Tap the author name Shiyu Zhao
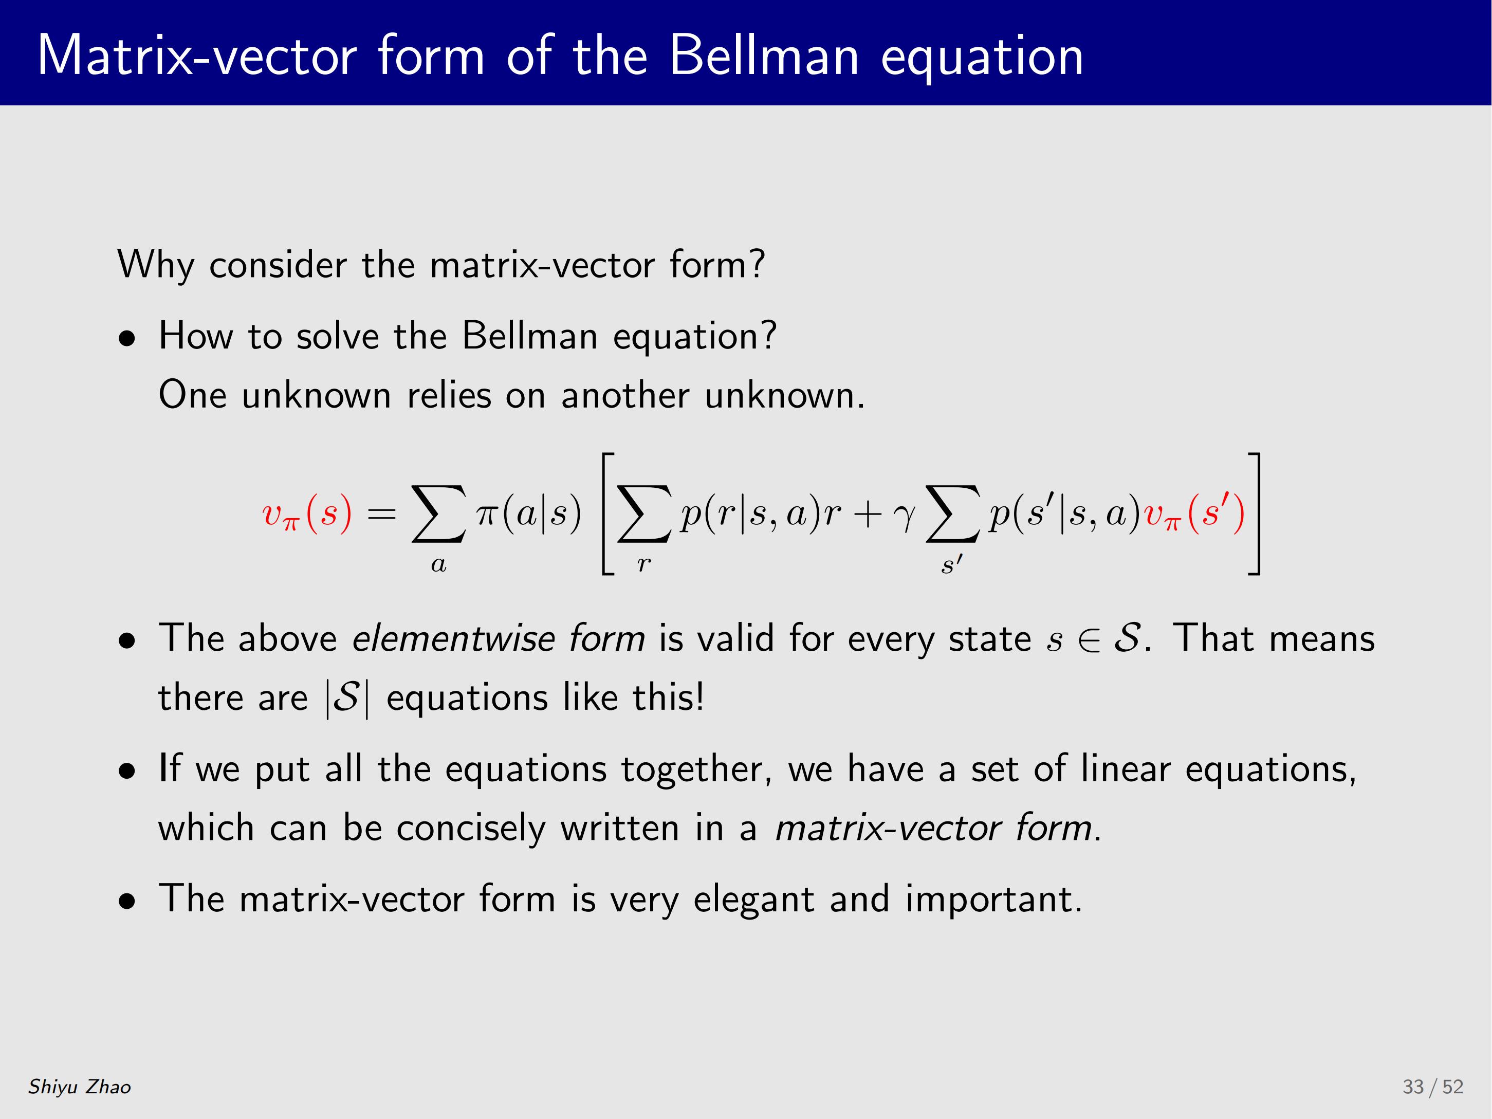(80, 1086)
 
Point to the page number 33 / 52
(1433, 1086)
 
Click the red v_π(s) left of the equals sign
(307, 514)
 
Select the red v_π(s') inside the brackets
(1194, 514)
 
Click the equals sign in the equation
(381, 515)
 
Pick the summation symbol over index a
(438, 515)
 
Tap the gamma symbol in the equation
(905, 517)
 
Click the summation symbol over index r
(644, 515)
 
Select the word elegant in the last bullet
(753, 900)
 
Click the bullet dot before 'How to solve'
(127, 339)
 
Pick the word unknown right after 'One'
(317, 395)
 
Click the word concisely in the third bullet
(471, 828)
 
